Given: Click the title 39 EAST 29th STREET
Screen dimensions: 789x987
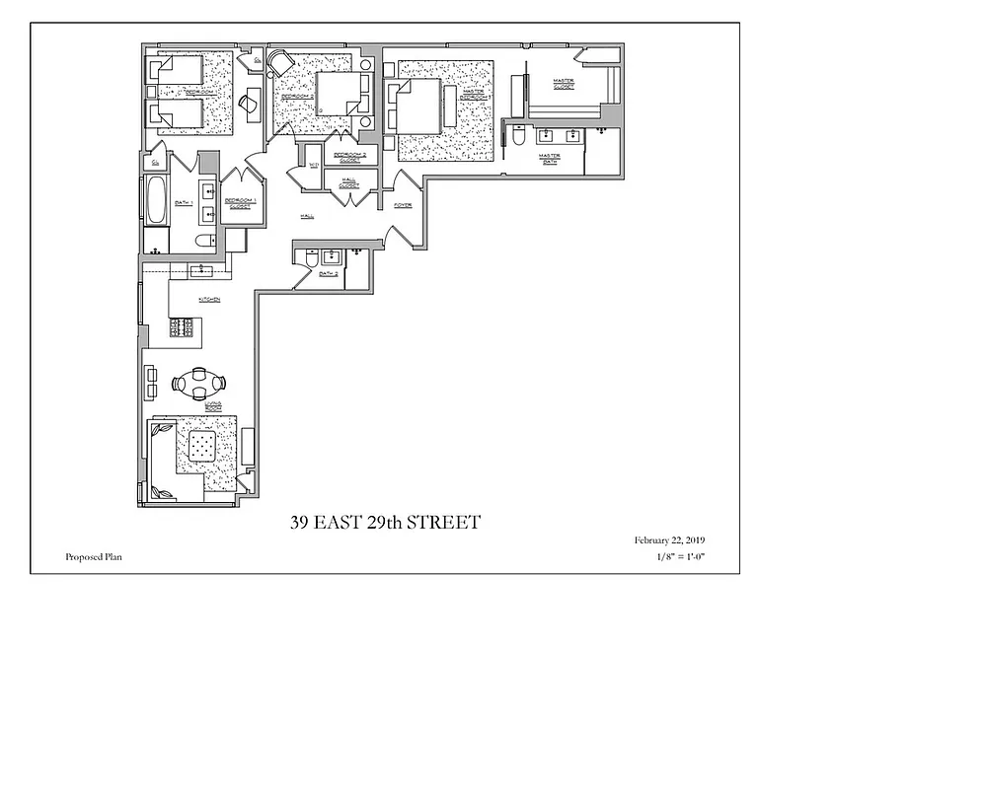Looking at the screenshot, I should (x=385, y=523).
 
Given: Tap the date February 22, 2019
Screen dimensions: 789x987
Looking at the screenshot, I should (x=669, y=540).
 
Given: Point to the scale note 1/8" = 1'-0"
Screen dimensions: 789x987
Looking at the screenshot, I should (x=680, y=557).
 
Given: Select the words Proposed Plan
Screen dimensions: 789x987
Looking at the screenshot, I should (x=94, y=557).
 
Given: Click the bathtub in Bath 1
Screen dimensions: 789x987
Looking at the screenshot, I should (x=156, y=201).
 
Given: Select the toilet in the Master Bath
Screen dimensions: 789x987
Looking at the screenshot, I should (x=519, y=139).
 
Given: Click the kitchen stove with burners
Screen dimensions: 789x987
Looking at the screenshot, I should (x=183, y=328).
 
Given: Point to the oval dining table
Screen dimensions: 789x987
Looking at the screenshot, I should (x=199, y=383).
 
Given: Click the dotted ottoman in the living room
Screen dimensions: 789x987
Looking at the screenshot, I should (x=203, y=448).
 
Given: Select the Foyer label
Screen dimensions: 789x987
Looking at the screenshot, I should (x=403, y=205).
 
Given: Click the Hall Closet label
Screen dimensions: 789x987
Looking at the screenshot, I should (x=348, y=182).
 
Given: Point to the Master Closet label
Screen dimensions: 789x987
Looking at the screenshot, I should (x=564, y=82).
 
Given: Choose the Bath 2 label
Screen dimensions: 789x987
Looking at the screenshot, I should (x=329, y=273).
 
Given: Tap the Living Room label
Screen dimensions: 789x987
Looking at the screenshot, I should (x=211, y=405).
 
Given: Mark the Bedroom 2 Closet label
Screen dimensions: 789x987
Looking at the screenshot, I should (x=349, y=157).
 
